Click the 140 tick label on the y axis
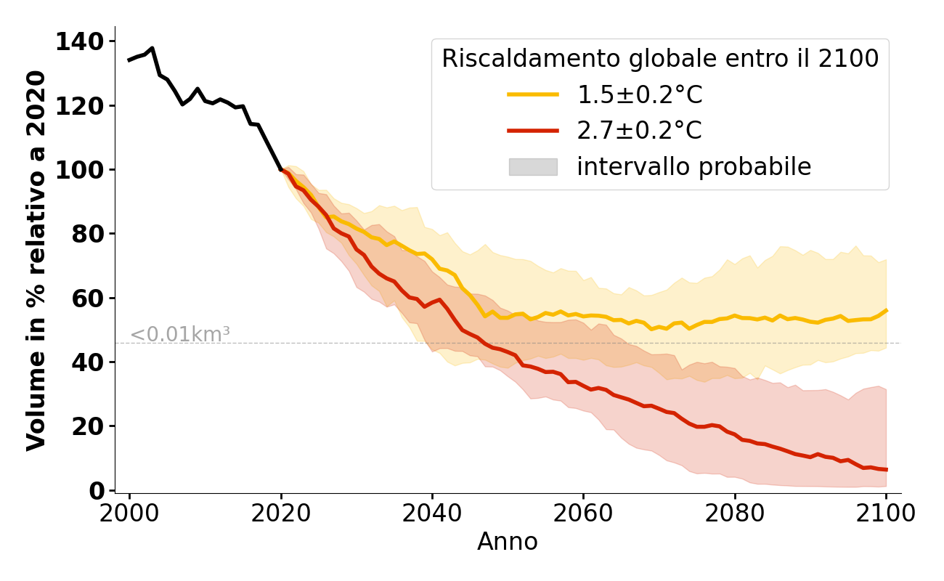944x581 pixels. coord(80,42)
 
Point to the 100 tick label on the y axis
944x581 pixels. coord(80,170)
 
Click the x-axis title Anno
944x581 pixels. coord(508,542)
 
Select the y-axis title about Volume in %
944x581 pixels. coord(36,260)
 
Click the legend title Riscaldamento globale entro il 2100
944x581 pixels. coord(660,59)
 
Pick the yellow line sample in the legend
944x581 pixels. coord(533,94)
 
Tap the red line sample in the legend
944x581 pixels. coord(533,131)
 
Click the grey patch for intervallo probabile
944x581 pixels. coord(533,167)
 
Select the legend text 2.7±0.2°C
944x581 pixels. coord(640,131)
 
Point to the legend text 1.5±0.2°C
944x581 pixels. coord(640,94)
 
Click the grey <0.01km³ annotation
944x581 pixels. coord(179,335)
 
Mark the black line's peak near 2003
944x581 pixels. coord(152,48)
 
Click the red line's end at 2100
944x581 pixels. coord(886,470)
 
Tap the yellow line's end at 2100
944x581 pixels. coord(886,310)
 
